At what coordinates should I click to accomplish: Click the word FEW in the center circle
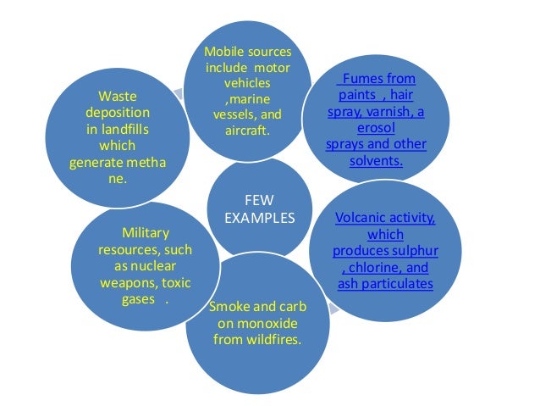[259, 201]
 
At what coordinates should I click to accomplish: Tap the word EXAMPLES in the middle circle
[260, 217]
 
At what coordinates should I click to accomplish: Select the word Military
[145, 232]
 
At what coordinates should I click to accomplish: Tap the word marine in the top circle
[249, 99]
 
